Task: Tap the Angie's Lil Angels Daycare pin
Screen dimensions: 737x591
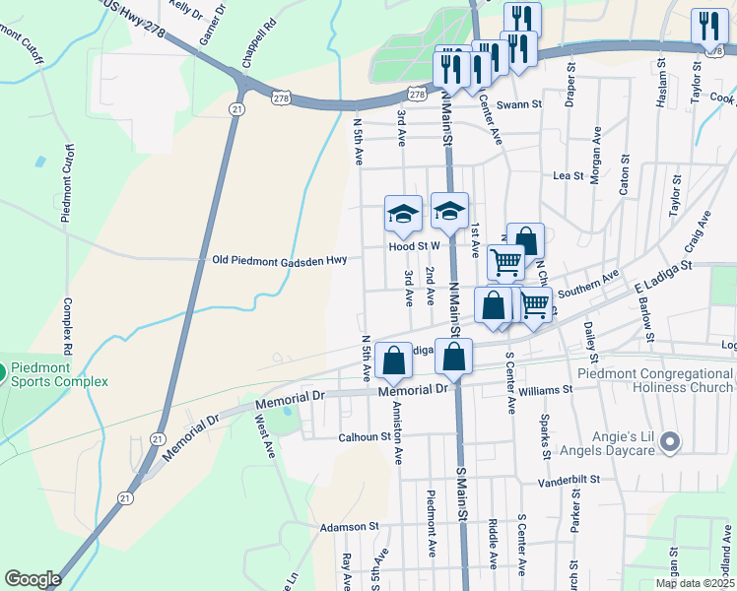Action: tap(671, 442)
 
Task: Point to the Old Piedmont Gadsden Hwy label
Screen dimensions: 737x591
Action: tap(280, 260)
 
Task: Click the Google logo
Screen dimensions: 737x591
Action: tap(33, 579)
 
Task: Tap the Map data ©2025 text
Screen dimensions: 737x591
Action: tap(694, 583)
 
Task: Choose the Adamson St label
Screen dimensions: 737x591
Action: tap(349, 528)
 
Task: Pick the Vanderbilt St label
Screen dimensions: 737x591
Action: tap(573, 482)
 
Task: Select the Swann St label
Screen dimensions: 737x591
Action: tap(519, 104)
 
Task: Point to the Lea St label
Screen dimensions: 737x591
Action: tap(563, 175)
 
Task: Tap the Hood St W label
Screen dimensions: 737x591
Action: tap(413, 248)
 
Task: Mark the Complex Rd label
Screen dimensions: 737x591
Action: tap(68, 325)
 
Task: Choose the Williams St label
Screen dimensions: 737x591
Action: tap(545, 390)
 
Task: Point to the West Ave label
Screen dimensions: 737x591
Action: tap(264, 435)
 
